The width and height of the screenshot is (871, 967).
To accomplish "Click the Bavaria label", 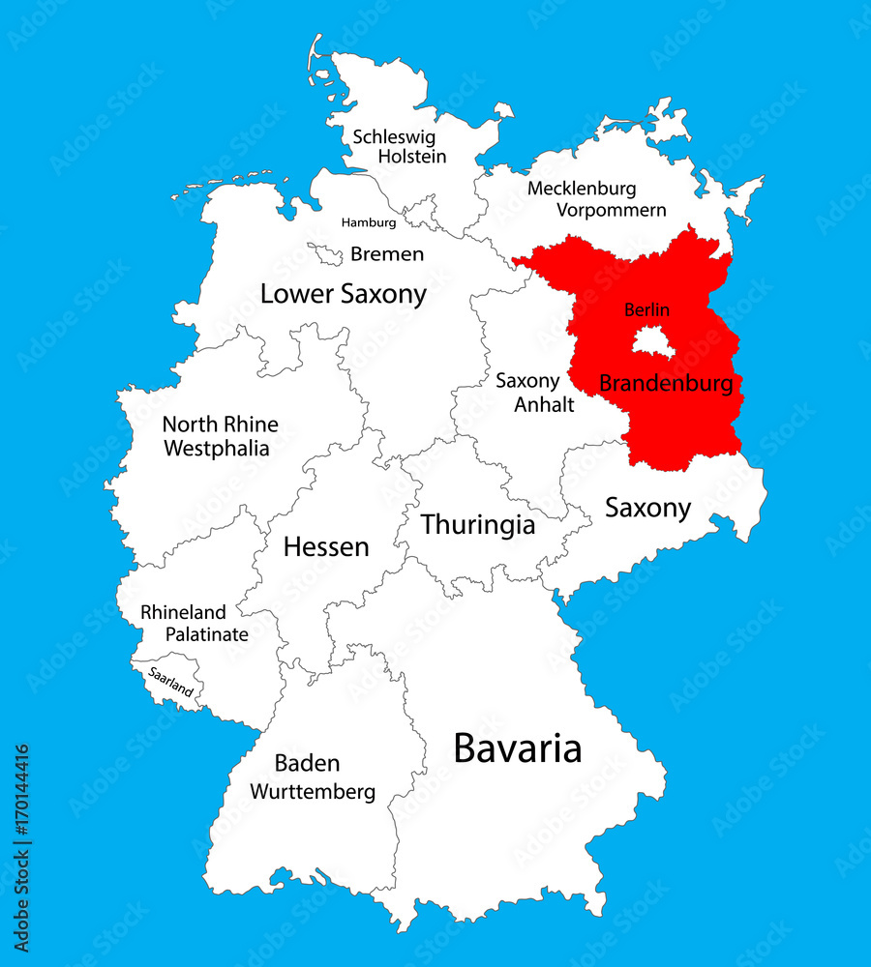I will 518,748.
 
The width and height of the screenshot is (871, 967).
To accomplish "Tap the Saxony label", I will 647,508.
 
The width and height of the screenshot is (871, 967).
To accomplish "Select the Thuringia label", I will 477,525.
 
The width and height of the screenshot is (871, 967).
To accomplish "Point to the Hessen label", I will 326,547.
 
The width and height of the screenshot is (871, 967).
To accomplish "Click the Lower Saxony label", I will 343,294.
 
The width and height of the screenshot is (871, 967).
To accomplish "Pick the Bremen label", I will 387,254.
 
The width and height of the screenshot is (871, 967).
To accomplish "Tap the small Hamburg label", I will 369,222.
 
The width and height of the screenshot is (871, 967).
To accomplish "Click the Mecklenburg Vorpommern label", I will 596,199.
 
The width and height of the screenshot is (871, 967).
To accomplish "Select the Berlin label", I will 646,310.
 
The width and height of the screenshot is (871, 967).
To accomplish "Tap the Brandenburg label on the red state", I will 666,383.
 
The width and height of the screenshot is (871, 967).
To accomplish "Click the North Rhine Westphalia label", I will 220,436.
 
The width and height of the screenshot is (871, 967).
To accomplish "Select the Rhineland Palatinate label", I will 194,624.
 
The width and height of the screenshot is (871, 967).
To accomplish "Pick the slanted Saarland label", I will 170,682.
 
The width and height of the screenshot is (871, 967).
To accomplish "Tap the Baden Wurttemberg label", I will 312,777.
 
